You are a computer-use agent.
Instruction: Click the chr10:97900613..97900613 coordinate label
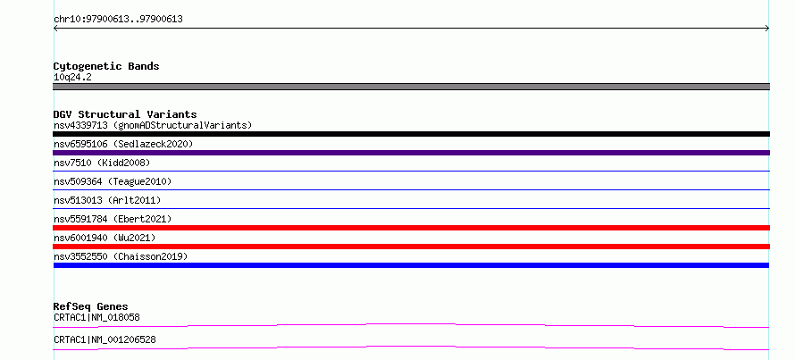coord(118,20)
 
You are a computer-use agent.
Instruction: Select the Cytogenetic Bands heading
coord(106,66)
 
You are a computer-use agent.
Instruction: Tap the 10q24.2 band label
coord(72,78)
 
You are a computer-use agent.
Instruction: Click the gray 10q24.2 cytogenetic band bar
coord(411,87)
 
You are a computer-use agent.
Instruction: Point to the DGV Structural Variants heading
coord(125,114)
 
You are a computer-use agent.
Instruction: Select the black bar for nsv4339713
coord(411,134)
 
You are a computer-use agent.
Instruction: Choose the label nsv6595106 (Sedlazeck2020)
coord(123,144)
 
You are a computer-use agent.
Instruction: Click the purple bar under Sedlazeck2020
coord(411,153)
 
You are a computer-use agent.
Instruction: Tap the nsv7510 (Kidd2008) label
coord(102,163)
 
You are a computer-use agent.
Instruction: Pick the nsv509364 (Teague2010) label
coord(113,181)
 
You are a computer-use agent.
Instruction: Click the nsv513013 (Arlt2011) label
coord(107,200)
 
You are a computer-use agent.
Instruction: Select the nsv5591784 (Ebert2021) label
coord(113,219)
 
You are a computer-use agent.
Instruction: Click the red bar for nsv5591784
coord(411,228)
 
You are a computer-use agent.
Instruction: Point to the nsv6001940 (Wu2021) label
coord(105,238)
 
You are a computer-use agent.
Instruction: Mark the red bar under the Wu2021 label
coord(411,247)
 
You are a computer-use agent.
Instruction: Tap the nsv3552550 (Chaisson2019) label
coord(121,256)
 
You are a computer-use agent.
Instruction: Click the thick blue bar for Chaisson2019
coord(411,265)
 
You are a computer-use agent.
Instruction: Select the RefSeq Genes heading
coord(90,306)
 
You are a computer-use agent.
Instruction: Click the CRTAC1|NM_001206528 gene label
coord(105,339)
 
